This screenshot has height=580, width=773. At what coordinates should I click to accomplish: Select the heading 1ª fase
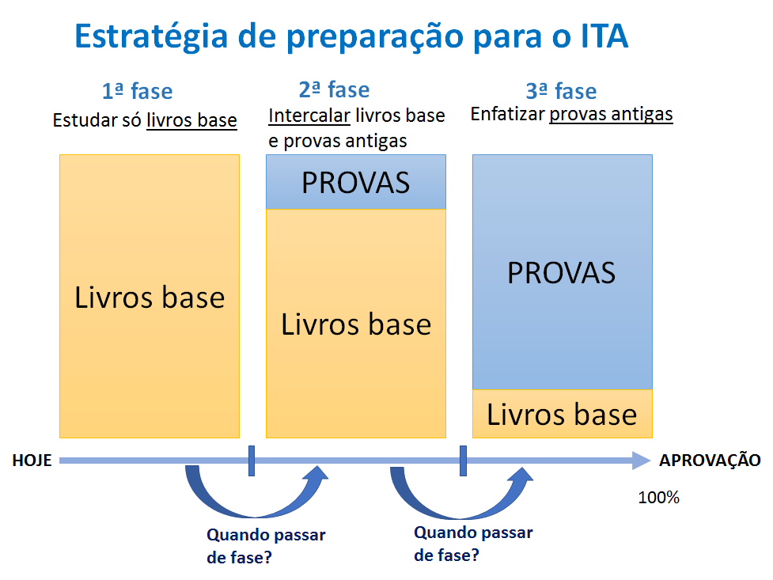tap(137, 92)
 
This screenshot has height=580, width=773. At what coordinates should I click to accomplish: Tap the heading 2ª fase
tap(334, 89)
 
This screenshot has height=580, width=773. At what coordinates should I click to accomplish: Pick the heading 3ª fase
tap(561, 91)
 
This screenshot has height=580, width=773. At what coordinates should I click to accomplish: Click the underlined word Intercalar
tap(309, 116)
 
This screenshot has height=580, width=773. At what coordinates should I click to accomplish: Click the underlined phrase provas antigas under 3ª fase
tap(611, 114)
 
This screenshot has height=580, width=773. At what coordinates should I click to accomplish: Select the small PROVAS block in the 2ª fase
tap(356, 182)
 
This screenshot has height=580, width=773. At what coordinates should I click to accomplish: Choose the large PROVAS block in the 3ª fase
tap(562, 272)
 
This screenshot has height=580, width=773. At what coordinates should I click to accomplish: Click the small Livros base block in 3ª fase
tap(562, 414)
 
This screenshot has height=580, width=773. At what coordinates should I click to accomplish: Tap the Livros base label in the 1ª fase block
tap(150, 298)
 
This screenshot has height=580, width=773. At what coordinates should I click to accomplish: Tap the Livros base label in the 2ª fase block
tap(356, 324)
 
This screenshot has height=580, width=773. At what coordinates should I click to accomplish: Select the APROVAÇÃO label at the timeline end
tap(710, 461)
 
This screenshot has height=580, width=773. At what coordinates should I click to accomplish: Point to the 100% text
tap(658, 498)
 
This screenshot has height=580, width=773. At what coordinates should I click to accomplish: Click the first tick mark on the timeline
tap(251, 461)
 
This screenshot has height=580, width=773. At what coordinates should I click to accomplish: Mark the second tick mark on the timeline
tap(462, 461)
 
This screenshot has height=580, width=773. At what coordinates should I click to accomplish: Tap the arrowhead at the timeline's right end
tap(642, 461)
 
